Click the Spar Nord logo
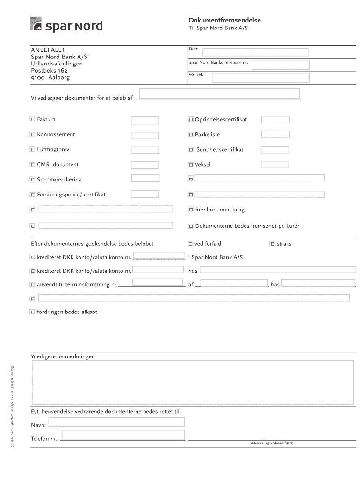click(x=66, y=24)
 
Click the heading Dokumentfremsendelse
click(x=224, y=21)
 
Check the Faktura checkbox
click(x=33, y=120)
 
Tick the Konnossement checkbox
click(x=33, y=135)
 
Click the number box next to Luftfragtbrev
click(x=145, y=151)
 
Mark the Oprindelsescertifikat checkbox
click(x=191, y=120)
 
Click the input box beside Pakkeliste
click(x=275, y=134)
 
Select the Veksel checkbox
click(x=191, y=165)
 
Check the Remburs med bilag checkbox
click(x=191, y=210)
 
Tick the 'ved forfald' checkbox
click(x=191, y=244)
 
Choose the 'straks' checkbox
click(x=272, y=244)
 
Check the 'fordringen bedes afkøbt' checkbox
click(x=33, y=312)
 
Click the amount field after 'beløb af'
click(x=220, y=94)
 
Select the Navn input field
click(x=117, y=422)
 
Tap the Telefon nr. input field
click(x=123, y=436)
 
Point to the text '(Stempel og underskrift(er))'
click(x=272, y=443)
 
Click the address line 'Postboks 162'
click(x=49, y=70)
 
